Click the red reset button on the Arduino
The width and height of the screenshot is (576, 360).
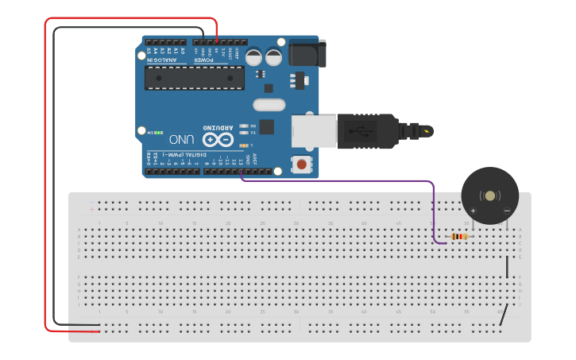click(x=302, y=165)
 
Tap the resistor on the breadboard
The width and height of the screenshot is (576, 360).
click(x=459, y=236)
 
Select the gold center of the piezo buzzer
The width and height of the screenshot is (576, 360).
click(x=490, y=195)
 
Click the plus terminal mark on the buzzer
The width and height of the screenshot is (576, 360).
click(x=474, y=211)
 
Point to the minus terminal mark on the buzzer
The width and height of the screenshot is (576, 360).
click(x=507, y=211)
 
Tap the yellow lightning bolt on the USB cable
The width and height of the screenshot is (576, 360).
click(x=427, y=131)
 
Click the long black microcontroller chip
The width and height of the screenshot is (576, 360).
click(x=194, y=78)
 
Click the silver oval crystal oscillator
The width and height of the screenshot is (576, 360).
click(x=269, y=104)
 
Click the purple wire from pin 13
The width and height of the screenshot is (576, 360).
click(x=342, y=180)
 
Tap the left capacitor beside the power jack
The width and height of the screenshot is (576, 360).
click(x=254, y=56)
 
